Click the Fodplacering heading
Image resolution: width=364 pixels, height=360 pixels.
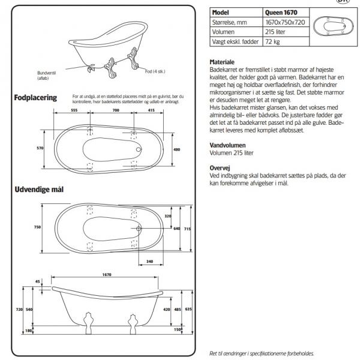[x=35, y=97]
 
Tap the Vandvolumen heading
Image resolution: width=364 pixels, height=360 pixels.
[x=227, y=145]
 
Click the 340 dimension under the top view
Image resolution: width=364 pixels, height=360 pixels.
[x=150, y=260]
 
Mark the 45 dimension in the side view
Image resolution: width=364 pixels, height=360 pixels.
[x=38, y=281]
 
